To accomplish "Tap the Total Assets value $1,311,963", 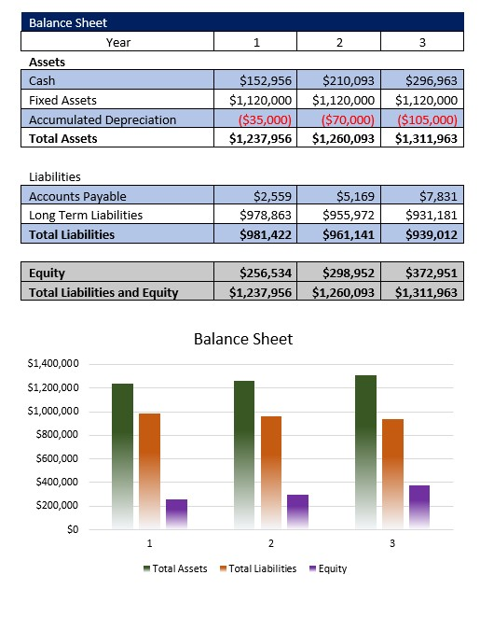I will (x=426, y=138).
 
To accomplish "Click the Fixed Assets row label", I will (x=62, y=100).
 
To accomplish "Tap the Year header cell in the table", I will (x=118, y=42).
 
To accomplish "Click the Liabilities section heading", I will (x=55, y=176).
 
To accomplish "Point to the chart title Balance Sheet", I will (x=242, y=339).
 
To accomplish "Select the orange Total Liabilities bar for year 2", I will (x=270, y=471).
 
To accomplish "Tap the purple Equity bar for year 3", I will (x=418, y=507).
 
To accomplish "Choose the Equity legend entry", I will (x=327, y=568).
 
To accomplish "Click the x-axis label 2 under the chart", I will (x=270, y=543).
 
